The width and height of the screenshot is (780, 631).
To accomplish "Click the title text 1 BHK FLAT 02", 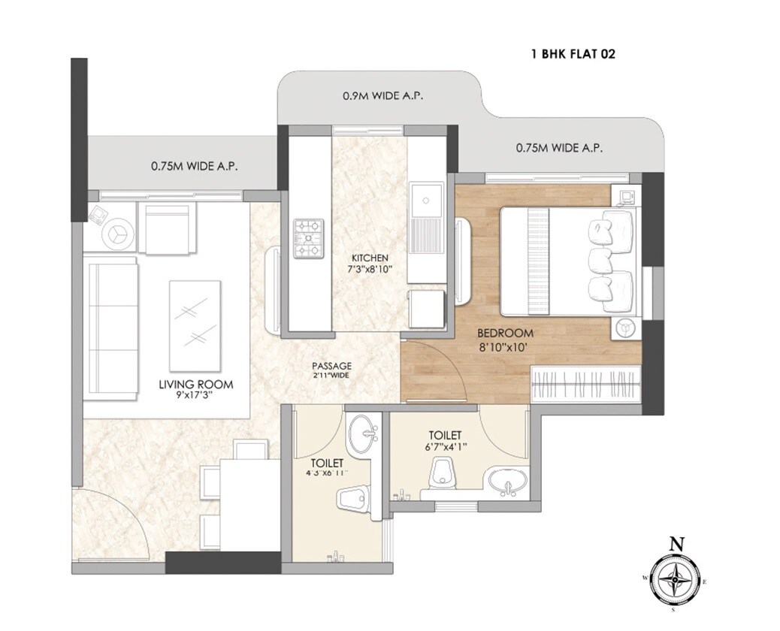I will (x=573, y=54).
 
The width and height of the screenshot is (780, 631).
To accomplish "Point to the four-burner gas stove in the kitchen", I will (x=308, y=238).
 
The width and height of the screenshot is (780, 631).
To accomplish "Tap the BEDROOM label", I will (x=505, y=333).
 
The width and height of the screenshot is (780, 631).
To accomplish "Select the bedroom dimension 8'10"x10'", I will (x=505, y=346).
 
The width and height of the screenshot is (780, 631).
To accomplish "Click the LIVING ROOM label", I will (x=195, y=385).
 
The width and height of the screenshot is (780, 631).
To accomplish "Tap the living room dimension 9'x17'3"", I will (x=195, y=396).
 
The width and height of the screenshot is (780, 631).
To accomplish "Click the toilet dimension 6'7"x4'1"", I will (x=445, y=447).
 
